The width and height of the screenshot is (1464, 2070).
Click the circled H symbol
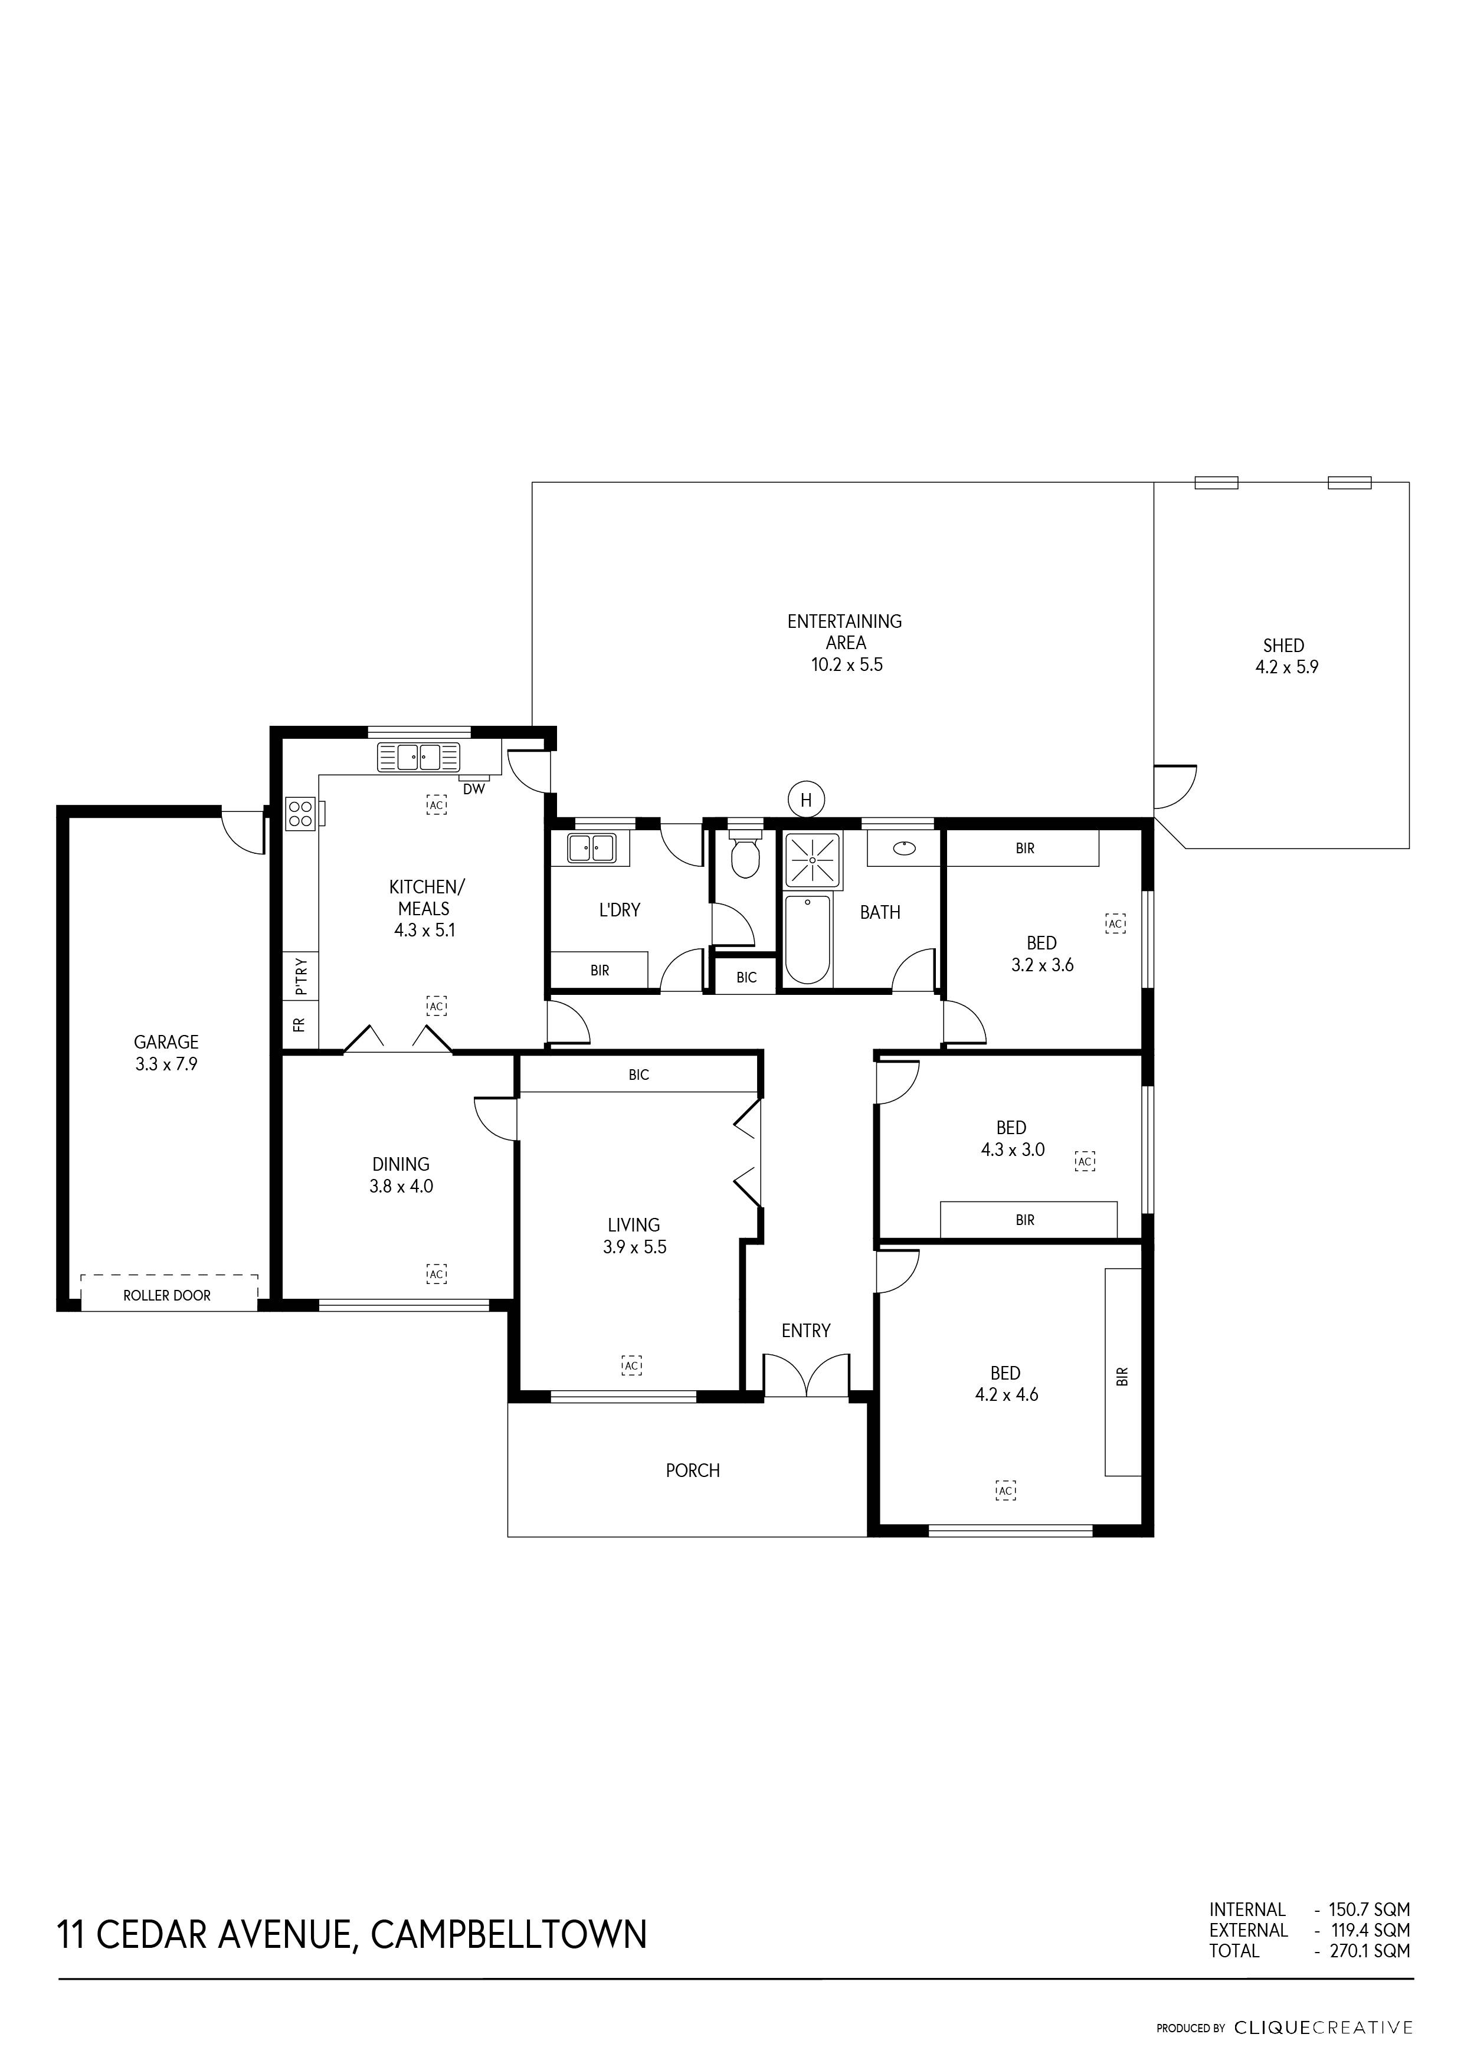[x=806, y=799]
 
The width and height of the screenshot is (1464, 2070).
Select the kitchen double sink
[x=419, y=757]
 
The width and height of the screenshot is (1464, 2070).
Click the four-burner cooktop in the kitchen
[x=300, y=814]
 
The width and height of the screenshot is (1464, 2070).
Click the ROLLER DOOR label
[x=167, y=1296]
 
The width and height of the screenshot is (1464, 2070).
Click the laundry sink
[x=591, y=849]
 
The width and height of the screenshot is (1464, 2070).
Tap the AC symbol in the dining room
[x=436, y=1274]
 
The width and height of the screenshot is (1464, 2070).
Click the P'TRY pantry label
[x=300, y=977]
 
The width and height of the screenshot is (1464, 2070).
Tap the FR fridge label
[x=300, y=1024]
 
